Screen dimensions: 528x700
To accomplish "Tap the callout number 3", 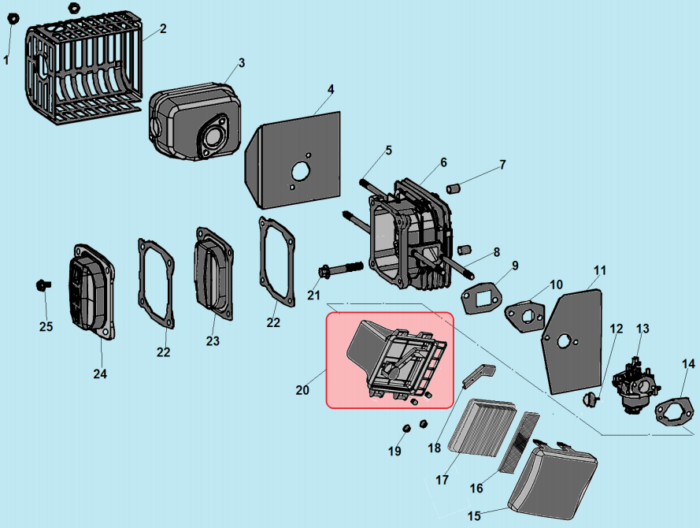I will [x=242, y=62].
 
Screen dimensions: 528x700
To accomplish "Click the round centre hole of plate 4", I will [x=302, y=170].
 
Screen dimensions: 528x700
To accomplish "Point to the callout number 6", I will [x=443, y=162].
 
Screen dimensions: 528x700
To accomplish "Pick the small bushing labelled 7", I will [x=454, y=189].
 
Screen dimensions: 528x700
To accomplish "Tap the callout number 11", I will [x=600, y=270].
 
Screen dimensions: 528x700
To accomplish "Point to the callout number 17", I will [x=442, y=479].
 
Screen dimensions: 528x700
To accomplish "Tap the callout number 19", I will [x=394, y=452].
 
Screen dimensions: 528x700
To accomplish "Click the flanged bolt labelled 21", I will [x=339, y=270].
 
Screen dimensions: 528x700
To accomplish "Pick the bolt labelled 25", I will [x=43, y=284].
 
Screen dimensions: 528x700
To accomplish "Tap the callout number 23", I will [x=213, y=341].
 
